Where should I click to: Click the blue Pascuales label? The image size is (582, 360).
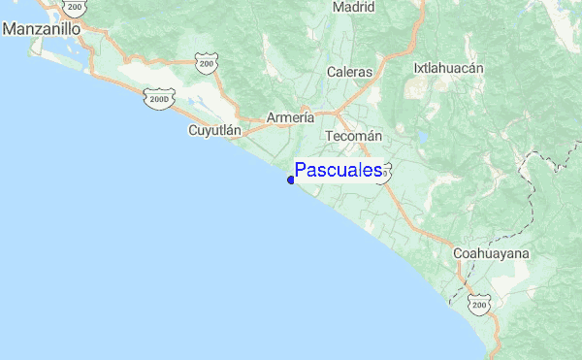pos(338,171)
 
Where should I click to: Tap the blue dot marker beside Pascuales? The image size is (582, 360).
pos(291,180)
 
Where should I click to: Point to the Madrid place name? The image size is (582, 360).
pos(353,7)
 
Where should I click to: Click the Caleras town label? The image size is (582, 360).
pos(349,72)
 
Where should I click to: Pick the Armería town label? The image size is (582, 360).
pos(290,117)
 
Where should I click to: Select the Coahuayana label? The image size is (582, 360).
pos(491,253)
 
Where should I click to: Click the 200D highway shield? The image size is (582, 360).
pos(157,98)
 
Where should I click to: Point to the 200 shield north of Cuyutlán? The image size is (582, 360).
pos(206,64)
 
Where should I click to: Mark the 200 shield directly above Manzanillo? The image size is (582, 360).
pos(75,7)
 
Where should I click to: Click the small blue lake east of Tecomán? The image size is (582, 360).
pos(423,137)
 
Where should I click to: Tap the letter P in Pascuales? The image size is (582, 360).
pos(302,171)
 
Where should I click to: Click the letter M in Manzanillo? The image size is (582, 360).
pos(11,29)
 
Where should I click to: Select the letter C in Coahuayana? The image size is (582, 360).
pos(458,253)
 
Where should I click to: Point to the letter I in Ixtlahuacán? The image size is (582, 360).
pos(416,69)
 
